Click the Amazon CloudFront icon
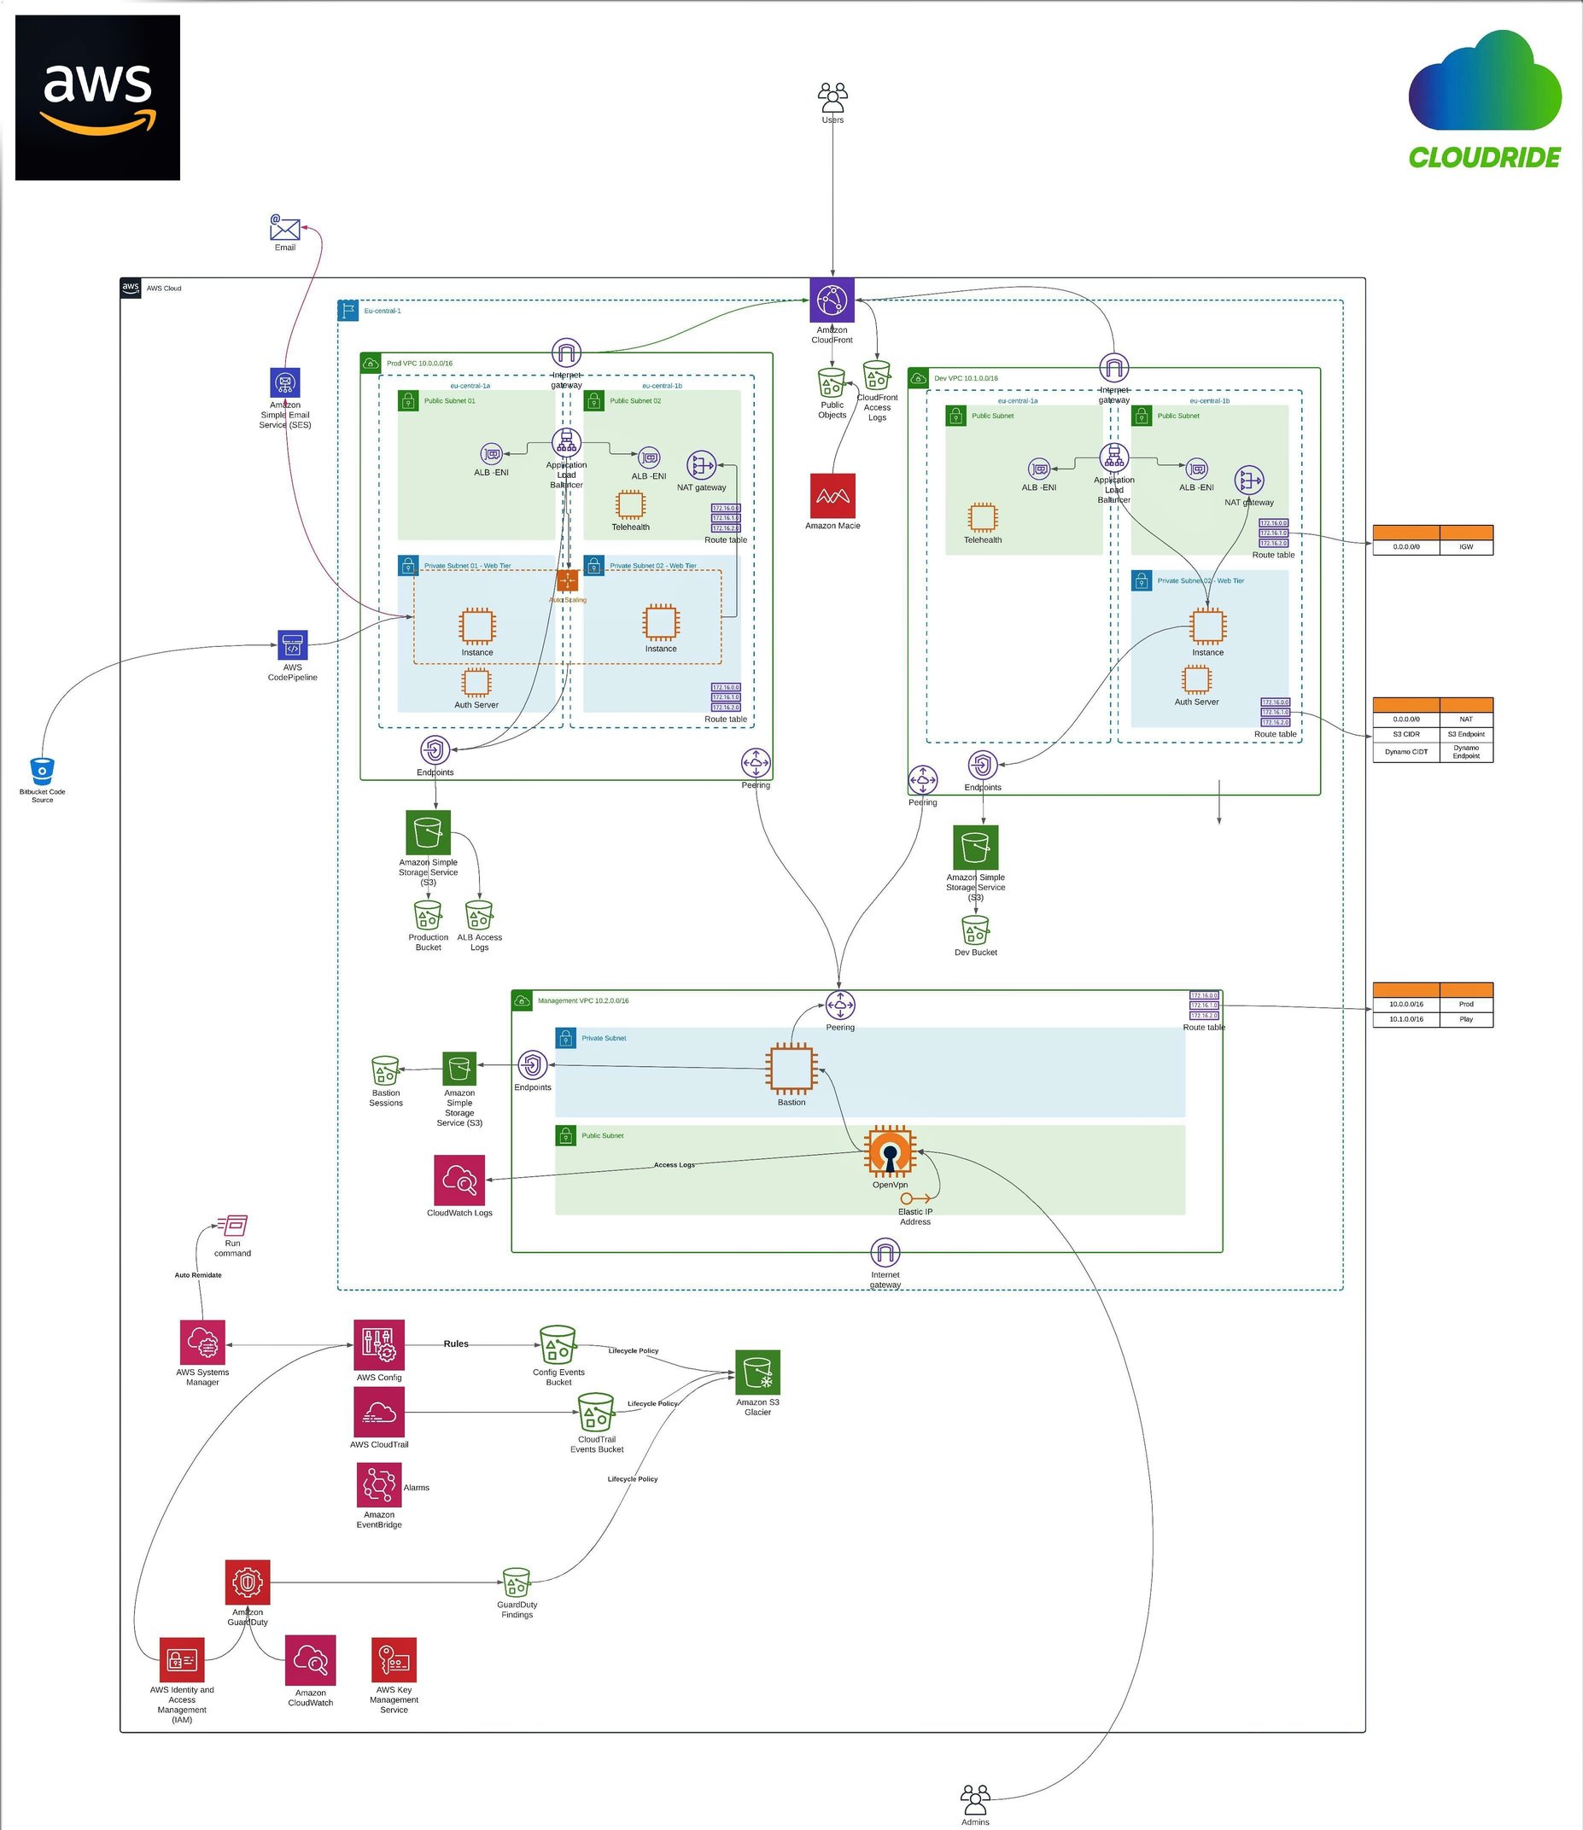pyautogui.click(x=832, y=300)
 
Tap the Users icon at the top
pyautogui.click(x=832, y=97)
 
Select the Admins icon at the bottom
pyautogui.click(x=975, y=1798)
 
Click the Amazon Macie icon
pyautogui.click(x=832, y=495)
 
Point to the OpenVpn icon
pyautogui.click(x=890, y=1151)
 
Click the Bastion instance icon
pyautogui.click(x=791, y=1069)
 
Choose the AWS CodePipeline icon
pyautogui.click(x=292, y=645)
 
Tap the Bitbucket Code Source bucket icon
pyautogui.click(x=43, y=771)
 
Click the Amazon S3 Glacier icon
pyautogui.click(x=758, y=1372)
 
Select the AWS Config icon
pyautogui.click(x=379, y=1344)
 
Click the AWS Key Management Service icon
pyautogui.click(x=394, y=1659)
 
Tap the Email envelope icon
pyautogui.click(x=284, y=229)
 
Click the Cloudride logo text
pyautogui.click(x=1484, y=158)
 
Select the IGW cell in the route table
pyautogui.click(x=1465, y=547)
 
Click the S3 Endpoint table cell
pyautogui.click(x=1465, y=734)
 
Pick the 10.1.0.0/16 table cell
pyautogui.click(x=1405, y=1019)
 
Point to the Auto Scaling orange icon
pyautogui.click(x=567, y=580)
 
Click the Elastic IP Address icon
pyautogui.click(x=914, y=1198)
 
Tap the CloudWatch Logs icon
pyautogui.click(x=459, y=1180)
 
